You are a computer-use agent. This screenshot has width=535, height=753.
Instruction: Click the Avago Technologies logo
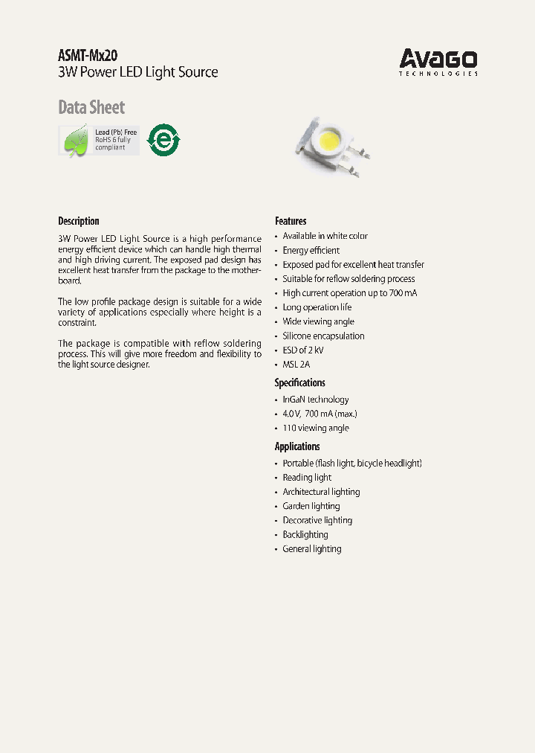(438, 62)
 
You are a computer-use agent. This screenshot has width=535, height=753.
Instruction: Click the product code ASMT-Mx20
(87, 56)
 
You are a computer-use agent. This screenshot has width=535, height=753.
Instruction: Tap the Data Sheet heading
(91, 107)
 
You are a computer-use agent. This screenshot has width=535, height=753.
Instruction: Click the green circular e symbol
(163, 139)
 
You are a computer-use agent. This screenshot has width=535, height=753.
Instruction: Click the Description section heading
(78, 221)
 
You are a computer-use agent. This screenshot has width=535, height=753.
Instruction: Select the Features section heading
(291, 221)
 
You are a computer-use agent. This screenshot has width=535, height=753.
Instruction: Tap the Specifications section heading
(299, 382)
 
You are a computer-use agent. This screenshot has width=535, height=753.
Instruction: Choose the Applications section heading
(297, 446)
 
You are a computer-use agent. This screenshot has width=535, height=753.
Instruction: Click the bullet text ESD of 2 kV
(302, 350)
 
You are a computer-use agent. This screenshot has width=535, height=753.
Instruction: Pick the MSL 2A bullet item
(296, 365)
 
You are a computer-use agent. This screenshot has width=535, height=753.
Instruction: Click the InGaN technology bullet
(315, 400)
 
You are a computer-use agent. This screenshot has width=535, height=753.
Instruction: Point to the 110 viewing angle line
(315, 428)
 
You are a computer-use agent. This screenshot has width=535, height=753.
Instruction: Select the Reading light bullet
(307, 478)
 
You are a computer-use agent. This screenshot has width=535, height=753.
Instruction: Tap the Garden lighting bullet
(311, 506)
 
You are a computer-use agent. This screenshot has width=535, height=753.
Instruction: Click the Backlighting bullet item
(305, 534)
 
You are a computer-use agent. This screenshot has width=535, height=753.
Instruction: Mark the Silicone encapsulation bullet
(323, 336)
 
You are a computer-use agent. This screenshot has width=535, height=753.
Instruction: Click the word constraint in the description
(77, 323)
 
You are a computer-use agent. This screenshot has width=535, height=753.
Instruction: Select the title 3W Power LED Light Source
(138, 73)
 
